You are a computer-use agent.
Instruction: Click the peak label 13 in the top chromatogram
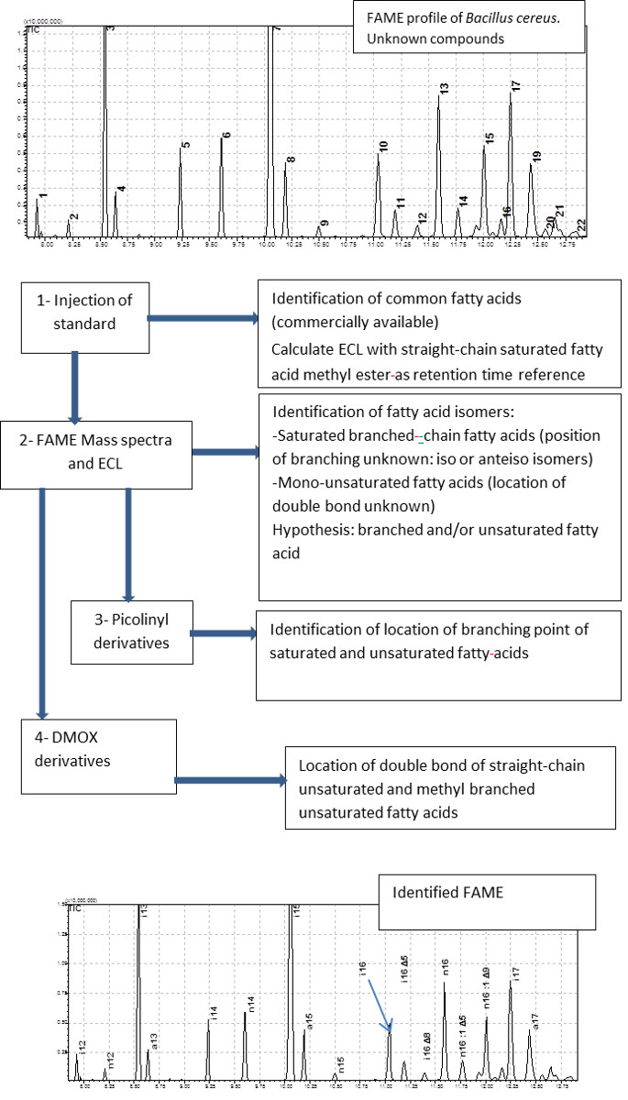[x=444, y=89]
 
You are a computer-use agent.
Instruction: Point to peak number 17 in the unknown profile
[x=516, y=85]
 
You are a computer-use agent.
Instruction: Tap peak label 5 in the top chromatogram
[x=185, y=146]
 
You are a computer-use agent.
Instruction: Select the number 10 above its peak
[x=383, y=146]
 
